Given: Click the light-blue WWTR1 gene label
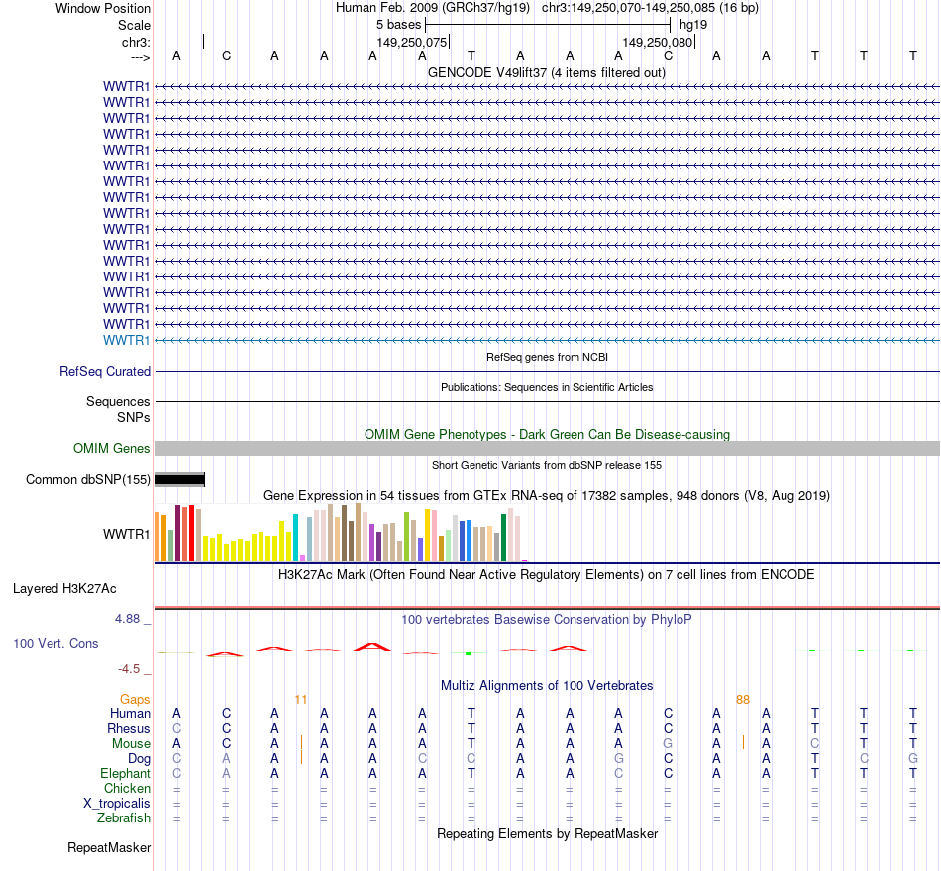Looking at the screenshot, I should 127,340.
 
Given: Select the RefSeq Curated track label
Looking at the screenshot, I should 105,371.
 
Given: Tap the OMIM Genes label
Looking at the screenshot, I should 112,449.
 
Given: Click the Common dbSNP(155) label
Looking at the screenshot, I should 88,480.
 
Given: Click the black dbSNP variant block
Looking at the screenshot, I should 179,480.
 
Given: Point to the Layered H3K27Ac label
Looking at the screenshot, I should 64,588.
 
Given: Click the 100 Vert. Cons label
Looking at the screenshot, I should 55,643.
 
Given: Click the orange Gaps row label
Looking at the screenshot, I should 136,699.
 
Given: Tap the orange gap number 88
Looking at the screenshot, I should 743,699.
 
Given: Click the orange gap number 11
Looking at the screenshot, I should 301,699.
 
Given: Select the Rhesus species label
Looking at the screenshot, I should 129,728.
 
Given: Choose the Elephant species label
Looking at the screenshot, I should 126,773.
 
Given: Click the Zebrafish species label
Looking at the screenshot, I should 124,817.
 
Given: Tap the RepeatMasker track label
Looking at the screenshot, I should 109,847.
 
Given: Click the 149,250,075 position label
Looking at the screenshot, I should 412,42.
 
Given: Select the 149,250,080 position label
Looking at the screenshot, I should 658,42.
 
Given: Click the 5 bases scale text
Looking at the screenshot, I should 398,24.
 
